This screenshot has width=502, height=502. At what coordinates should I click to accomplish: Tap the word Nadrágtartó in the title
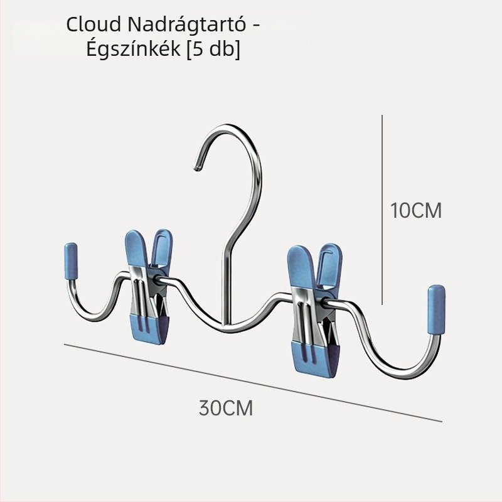coord(186,24)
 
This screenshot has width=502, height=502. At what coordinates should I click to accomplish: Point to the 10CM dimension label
coord(416,210)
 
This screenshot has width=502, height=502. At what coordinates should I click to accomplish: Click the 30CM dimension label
coord(226,408)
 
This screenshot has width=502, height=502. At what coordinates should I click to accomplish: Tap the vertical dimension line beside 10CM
coord(382,210)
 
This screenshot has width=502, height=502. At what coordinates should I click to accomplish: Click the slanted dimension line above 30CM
coord(253,383)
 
